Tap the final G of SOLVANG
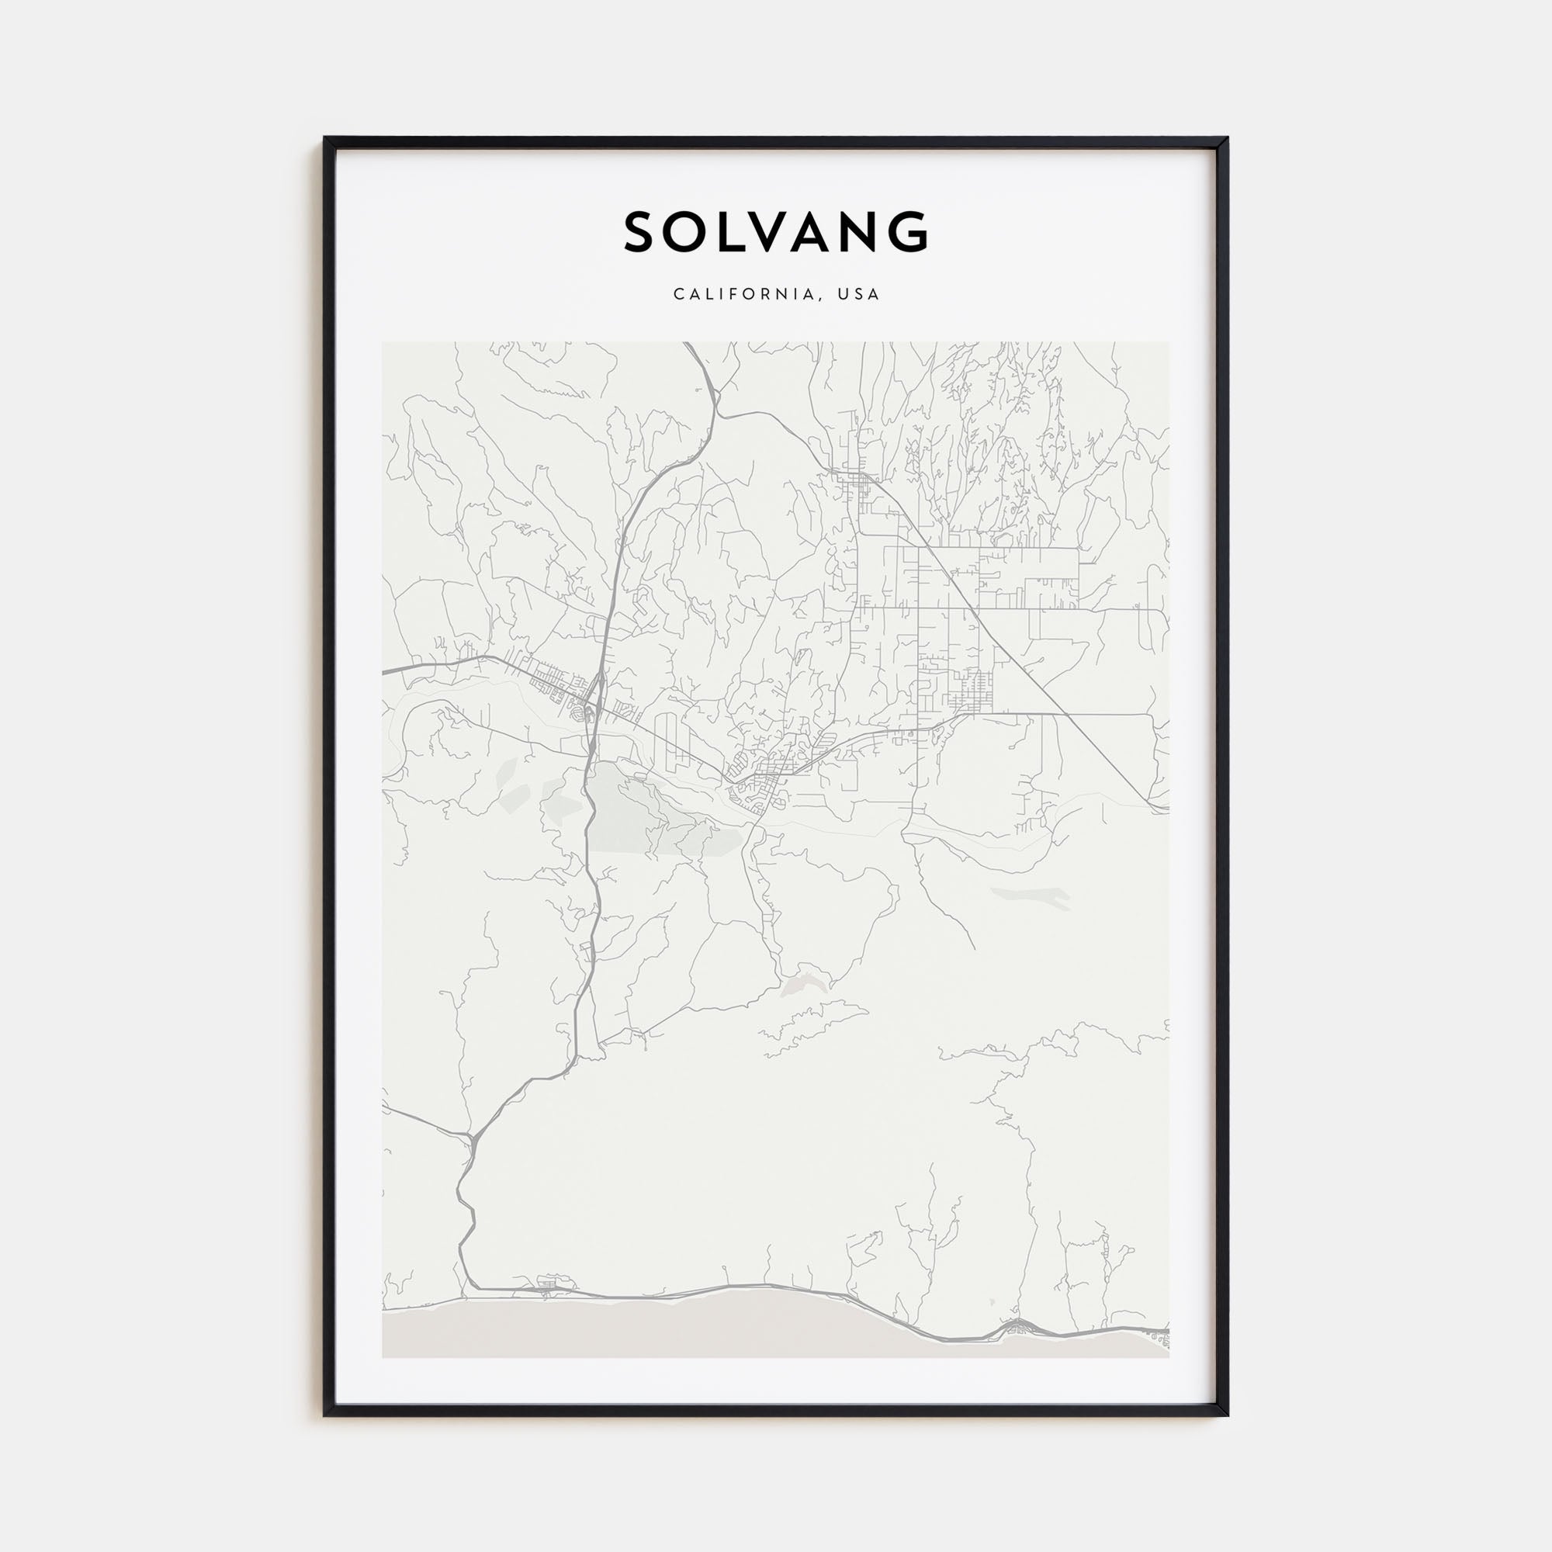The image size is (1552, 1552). [910, 232]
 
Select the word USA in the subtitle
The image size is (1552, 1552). [859, 294]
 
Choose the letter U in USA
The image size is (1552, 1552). [843, 294]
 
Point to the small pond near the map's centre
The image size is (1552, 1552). [802, 986]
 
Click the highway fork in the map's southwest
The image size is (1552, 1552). [472, 1135]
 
